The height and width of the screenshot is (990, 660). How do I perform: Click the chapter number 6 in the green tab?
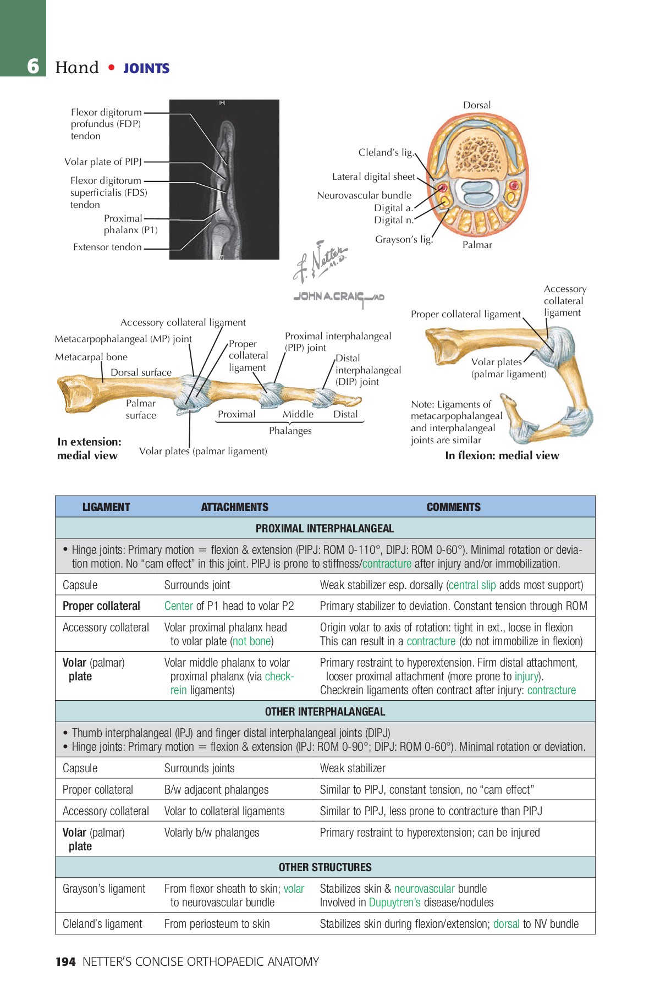coord(34,67)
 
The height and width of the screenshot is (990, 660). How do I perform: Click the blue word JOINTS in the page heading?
coord(146,69)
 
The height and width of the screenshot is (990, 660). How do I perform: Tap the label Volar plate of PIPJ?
coord(103,162)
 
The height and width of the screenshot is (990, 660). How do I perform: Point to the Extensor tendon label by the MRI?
coord(107,248)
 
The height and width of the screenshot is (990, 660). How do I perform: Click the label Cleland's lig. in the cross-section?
coord(386,152)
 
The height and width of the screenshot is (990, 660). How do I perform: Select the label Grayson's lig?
coord(404,239)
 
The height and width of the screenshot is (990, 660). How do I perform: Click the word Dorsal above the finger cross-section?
coord(477,105)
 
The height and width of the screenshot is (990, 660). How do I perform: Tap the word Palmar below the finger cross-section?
coord(477,245)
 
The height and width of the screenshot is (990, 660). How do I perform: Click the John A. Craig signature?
coord(338,297)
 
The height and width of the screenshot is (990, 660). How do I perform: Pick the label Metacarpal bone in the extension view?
coord(91,357)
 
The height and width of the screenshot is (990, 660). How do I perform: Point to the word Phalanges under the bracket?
coord(290,431)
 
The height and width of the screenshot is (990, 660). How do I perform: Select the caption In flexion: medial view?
coord(502,455)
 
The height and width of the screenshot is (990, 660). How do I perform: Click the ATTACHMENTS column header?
coord(234,507)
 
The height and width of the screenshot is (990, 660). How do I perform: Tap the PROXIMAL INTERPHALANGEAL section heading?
coord(324,529)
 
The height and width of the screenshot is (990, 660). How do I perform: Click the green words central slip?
coord(472,585)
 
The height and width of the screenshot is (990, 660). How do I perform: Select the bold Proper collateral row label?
coord(101,606)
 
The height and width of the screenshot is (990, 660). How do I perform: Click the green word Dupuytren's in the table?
coord(394,903)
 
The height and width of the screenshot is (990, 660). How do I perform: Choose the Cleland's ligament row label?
coord(102,924)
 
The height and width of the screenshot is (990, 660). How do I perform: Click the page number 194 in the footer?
coord(65,961)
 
